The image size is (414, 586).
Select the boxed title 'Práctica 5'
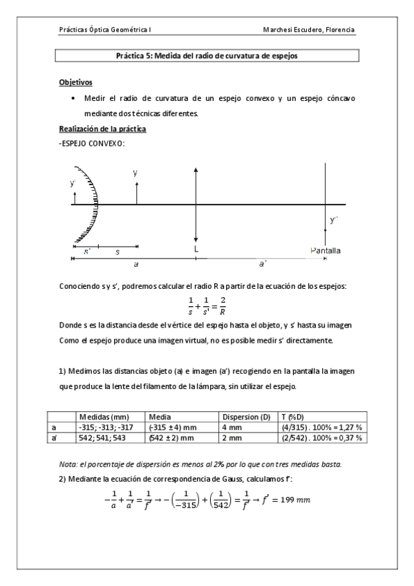click(207, 56)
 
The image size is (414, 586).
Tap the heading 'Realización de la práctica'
click(102, 129)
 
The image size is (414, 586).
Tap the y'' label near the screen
click(335, 220)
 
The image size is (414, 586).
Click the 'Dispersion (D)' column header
click(246, 417)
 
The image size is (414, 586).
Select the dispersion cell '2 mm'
click(231, 438)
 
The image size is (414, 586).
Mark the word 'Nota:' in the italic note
click(68, 462)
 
